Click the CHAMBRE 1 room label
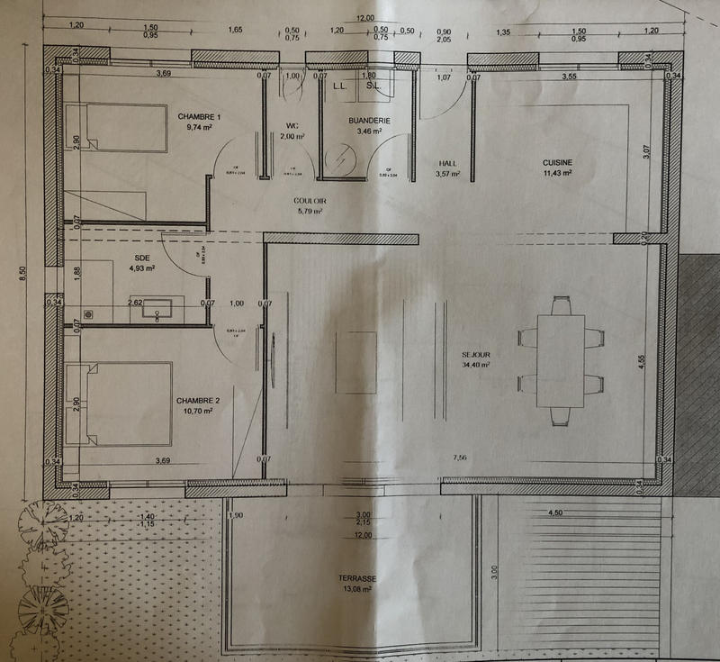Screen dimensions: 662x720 [199, 117]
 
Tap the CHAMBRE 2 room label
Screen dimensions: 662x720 [198, 400]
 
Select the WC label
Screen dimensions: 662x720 [292, 125]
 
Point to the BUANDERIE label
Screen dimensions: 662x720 [369, 120]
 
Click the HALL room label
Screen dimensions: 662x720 [447, 163]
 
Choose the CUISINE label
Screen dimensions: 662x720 [557, 163]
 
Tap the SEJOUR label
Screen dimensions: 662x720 [473, 354]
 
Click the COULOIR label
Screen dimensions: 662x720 [309, 201]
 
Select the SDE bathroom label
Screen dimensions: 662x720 [142, 257]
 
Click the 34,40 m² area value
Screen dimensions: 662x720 [474, 365]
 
